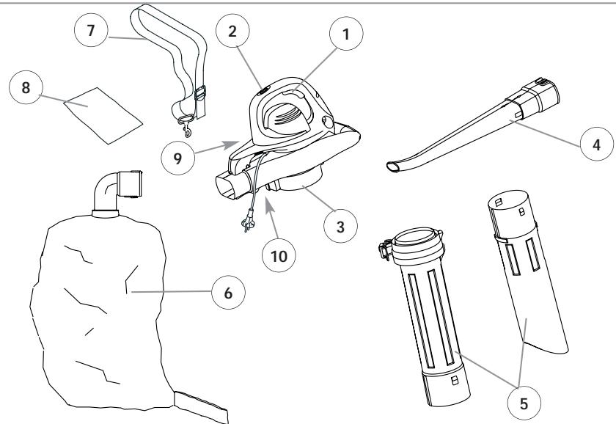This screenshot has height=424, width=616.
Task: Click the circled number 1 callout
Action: coord(346,34)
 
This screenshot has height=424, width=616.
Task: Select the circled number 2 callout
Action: coord(232,31)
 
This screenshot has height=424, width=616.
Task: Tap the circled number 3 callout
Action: coord(340,227)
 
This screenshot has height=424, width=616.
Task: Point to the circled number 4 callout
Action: coord(596,145)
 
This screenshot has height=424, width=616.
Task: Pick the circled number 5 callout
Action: coord(524,403)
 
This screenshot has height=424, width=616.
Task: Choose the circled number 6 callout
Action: coord(228,293)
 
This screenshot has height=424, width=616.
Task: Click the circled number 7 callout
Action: coord(91,30)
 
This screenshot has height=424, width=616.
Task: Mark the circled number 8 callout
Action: coord(26,87)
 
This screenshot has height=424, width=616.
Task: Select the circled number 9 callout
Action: coord(178,158)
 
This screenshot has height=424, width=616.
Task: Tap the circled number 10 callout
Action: coord(279,256)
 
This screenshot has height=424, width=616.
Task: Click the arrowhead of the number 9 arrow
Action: coord(232,145)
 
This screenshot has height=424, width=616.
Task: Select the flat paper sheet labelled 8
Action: coord(103,115)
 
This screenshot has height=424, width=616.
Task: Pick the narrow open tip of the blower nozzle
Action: coord(393,167)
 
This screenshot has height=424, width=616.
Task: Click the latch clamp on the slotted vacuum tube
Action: coord(386,249)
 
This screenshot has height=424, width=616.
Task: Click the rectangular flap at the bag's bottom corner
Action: coord(201,407)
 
